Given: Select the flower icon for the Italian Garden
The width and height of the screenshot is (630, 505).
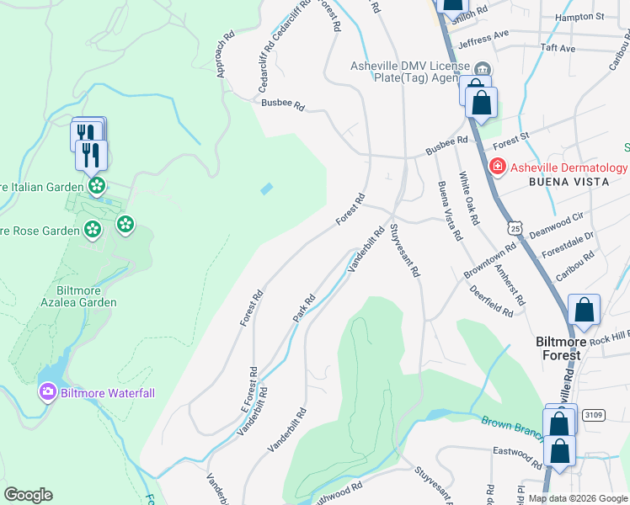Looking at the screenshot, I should pyautogui.click(x=97, y=184).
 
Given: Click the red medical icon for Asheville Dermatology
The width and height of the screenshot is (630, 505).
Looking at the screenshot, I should pyautogui.click(x=498, y=167).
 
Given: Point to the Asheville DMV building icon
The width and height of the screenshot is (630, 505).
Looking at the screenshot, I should pyautogui.click(x=482, y=69).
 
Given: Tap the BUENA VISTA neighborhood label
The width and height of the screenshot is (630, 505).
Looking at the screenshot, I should pyautogui.click(x=566, y=182).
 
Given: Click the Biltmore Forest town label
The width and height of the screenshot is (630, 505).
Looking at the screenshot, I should pyautogui.click(x=558, y=348).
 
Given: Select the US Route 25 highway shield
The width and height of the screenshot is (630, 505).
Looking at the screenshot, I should pyautogui.click(x=514, y=227).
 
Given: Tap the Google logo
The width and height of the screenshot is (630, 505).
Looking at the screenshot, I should pyautogui.click(x=28, y=495).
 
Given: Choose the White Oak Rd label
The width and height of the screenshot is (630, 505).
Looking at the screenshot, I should pyautogui.click(x=468, y=199).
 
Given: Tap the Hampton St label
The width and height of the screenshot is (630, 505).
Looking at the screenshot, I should pyautogui.click(x=580, y=16).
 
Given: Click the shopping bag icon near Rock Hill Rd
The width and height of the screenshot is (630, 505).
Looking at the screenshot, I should pyautogui.click(x=584, y=311).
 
